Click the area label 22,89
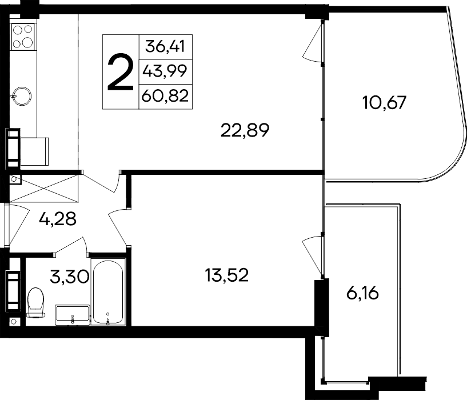pyautogui.click(x=244, y=131)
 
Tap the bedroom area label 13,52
pyautogui.click(x=227, y=275)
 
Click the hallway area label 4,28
pyautogui.click(x=57, y=218)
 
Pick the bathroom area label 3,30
pyautogui.click(x=69, y=278)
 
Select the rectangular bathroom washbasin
pyautogui.click(x=73, y=314)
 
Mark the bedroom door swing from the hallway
pyautogui.click(x=117, y=223)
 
